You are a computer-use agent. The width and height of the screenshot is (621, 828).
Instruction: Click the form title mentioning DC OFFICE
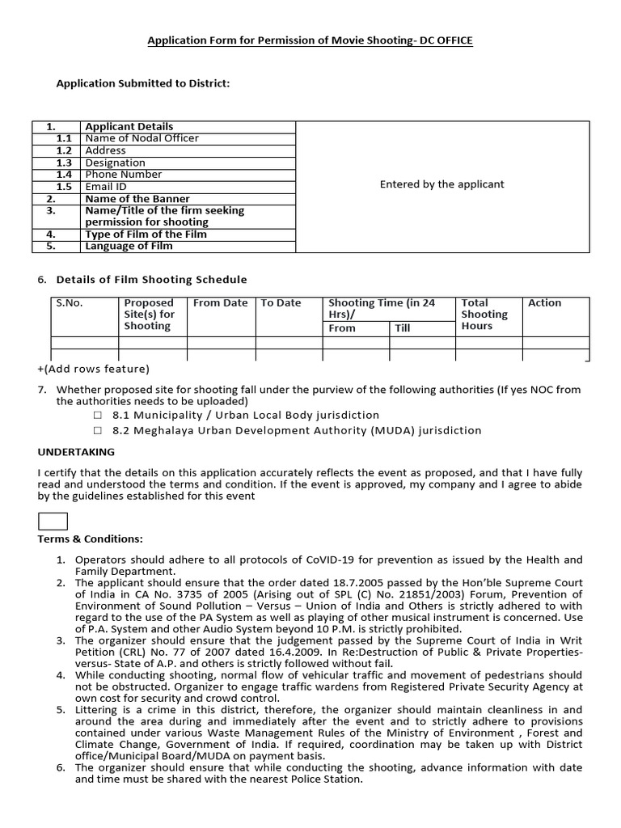(x=310, y=40)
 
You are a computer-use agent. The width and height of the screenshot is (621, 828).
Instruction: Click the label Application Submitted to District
(x=142, y=83)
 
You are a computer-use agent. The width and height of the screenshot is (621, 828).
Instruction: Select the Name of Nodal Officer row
(x=142, y=138)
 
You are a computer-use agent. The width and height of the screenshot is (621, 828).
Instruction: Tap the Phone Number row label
(x=123, y=175)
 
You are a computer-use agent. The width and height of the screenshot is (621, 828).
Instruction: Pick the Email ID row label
(x=106, y=187)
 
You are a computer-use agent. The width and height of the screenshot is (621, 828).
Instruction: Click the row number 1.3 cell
(x=64, y=163)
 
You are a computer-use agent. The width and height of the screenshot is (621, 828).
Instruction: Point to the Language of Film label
(x=129, y=247)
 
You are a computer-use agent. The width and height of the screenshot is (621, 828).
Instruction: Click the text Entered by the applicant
(x=441, y=184)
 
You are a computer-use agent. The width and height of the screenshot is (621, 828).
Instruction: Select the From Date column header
(x=220, y=303)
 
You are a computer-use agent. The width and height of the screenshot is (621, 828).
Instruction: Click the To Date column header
(x=281, y=303)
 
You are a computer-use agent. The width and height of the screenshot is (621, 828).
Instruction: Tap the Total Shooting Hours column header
(x=484, y=315)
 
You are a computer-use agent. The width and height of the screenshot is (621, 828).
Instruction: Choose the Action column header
(x=544, y=303)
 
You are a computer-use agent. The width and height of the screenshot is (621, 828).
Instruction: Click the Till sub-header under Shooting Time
(x=403, y=328)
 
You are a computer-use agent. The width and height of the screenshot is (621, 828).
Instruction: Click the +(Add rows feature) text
(x=94, y=370)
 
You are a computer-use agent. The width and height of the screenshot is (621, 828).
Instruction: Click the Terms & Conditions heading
(x=90, y=539)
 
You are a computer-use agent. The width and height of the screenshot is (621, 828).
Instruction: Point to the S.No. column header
(x=70, y=303)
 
